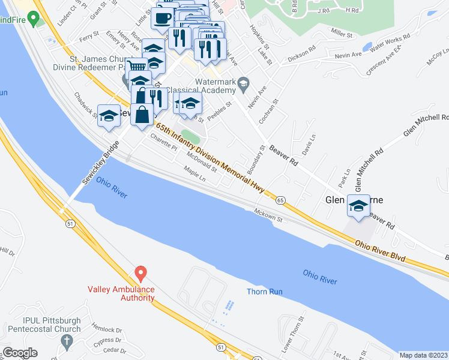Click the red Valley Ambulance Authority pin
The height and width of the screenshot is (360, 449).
140,274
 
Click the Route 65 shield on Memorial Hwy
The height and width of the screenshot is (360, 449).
280,199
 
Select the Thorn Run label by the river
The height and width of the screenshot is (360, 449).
264,292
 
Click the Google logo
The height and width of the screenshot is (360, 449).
20,353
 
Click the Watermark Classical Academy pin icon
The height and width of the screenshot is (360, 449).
243,82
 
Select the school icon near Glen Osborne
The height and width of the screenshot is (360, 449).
358,205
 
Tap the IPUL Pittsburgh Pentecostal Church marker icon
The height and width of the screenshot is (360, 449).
66,342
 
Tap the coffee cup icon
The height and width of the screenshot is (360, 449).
163,17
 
